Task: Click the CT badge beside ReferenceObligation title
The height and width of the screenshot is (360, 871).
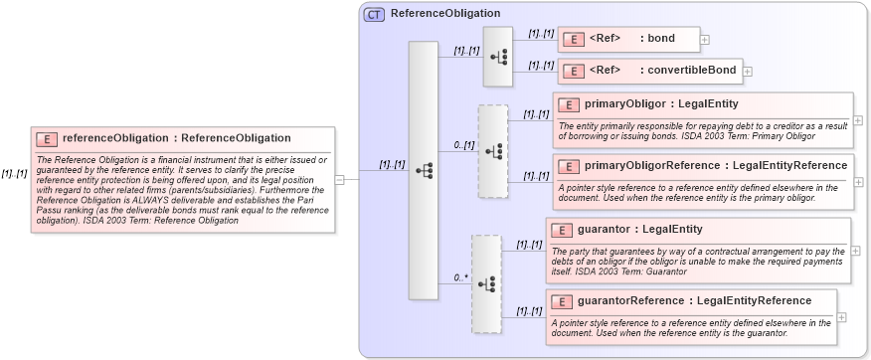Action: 375,14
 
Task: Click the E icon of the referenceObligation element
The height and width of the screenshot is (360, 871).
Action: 47,139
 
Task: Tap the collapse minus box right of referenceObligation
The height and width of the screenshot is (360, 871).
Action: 339,180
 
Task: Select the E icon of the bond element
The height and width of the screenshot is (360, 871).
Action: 574,40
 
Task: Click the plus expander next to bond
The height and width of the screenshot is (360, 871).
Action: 705,40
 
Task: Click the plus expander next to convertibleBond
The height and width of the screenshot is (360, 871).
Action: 748,71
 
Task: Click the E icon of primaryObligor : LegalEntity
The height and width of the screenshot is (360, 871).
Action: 568,104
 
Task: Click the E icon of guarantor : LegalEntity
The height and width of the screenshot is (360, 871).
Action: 562,230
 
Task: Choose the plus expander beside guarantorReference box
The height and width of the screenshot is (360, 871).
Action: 841,316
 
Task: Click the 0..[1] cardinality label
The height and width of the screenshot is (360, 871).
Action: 463,145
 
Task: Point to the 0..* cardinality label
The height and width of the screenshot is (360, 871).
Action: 460,277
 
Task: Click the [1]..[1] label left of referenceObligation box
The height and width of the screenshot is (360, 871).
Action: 14,173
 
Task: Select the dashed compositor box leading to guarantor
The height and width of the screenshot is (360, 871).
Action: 486,283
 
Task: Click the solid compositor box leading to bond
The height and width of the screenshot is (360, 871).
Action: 497,56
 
